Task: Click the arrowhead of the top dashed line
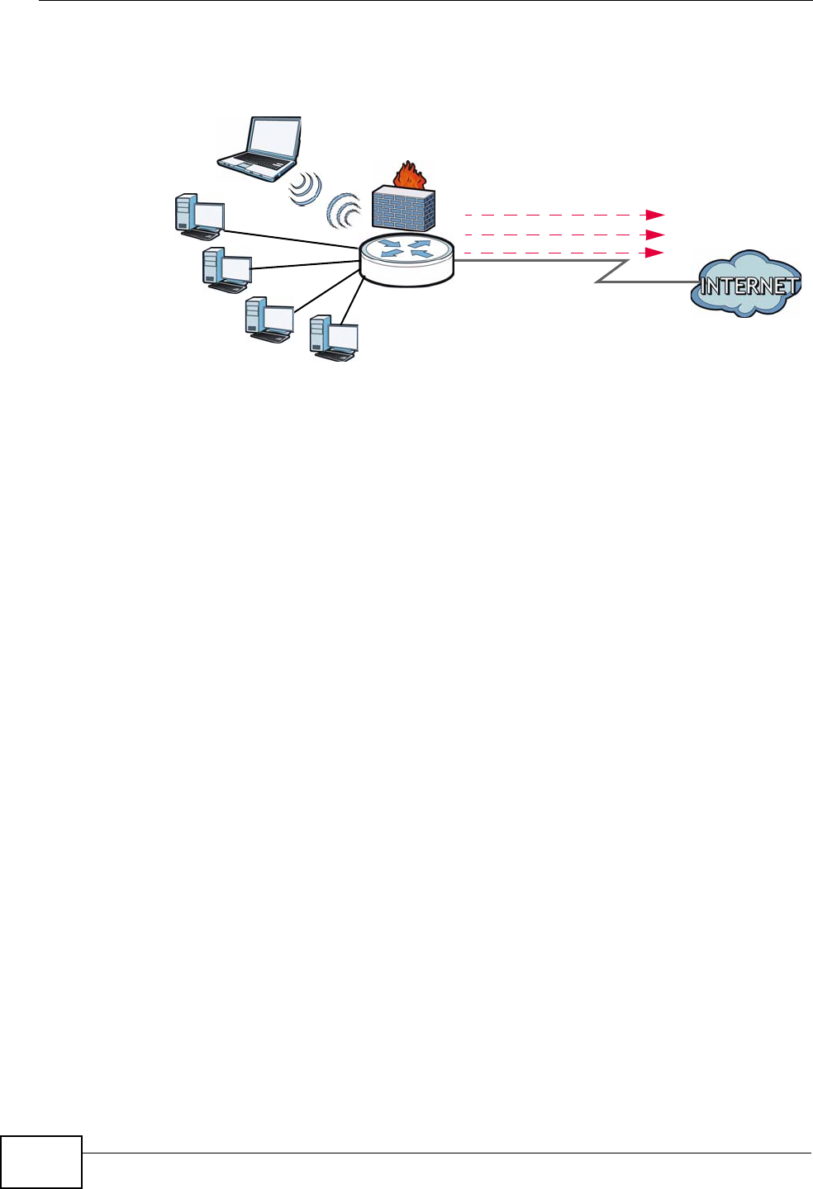coord(656,215)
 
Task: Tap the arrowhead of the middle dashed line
coord(656,234)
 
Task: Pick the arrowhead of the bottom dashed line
coord(656,253)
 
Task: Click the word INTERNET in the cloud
coord(749,287)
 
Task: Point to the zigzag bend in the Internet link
coord(611,272)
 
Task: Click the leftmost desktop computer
coord(199,216)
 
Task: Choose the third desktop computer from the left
coord(269,319)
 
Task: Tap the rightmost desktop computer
coord(334,338)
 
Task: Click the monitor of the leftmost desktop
coord(208,216)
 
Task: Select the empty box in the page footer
coord(41,1162)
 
